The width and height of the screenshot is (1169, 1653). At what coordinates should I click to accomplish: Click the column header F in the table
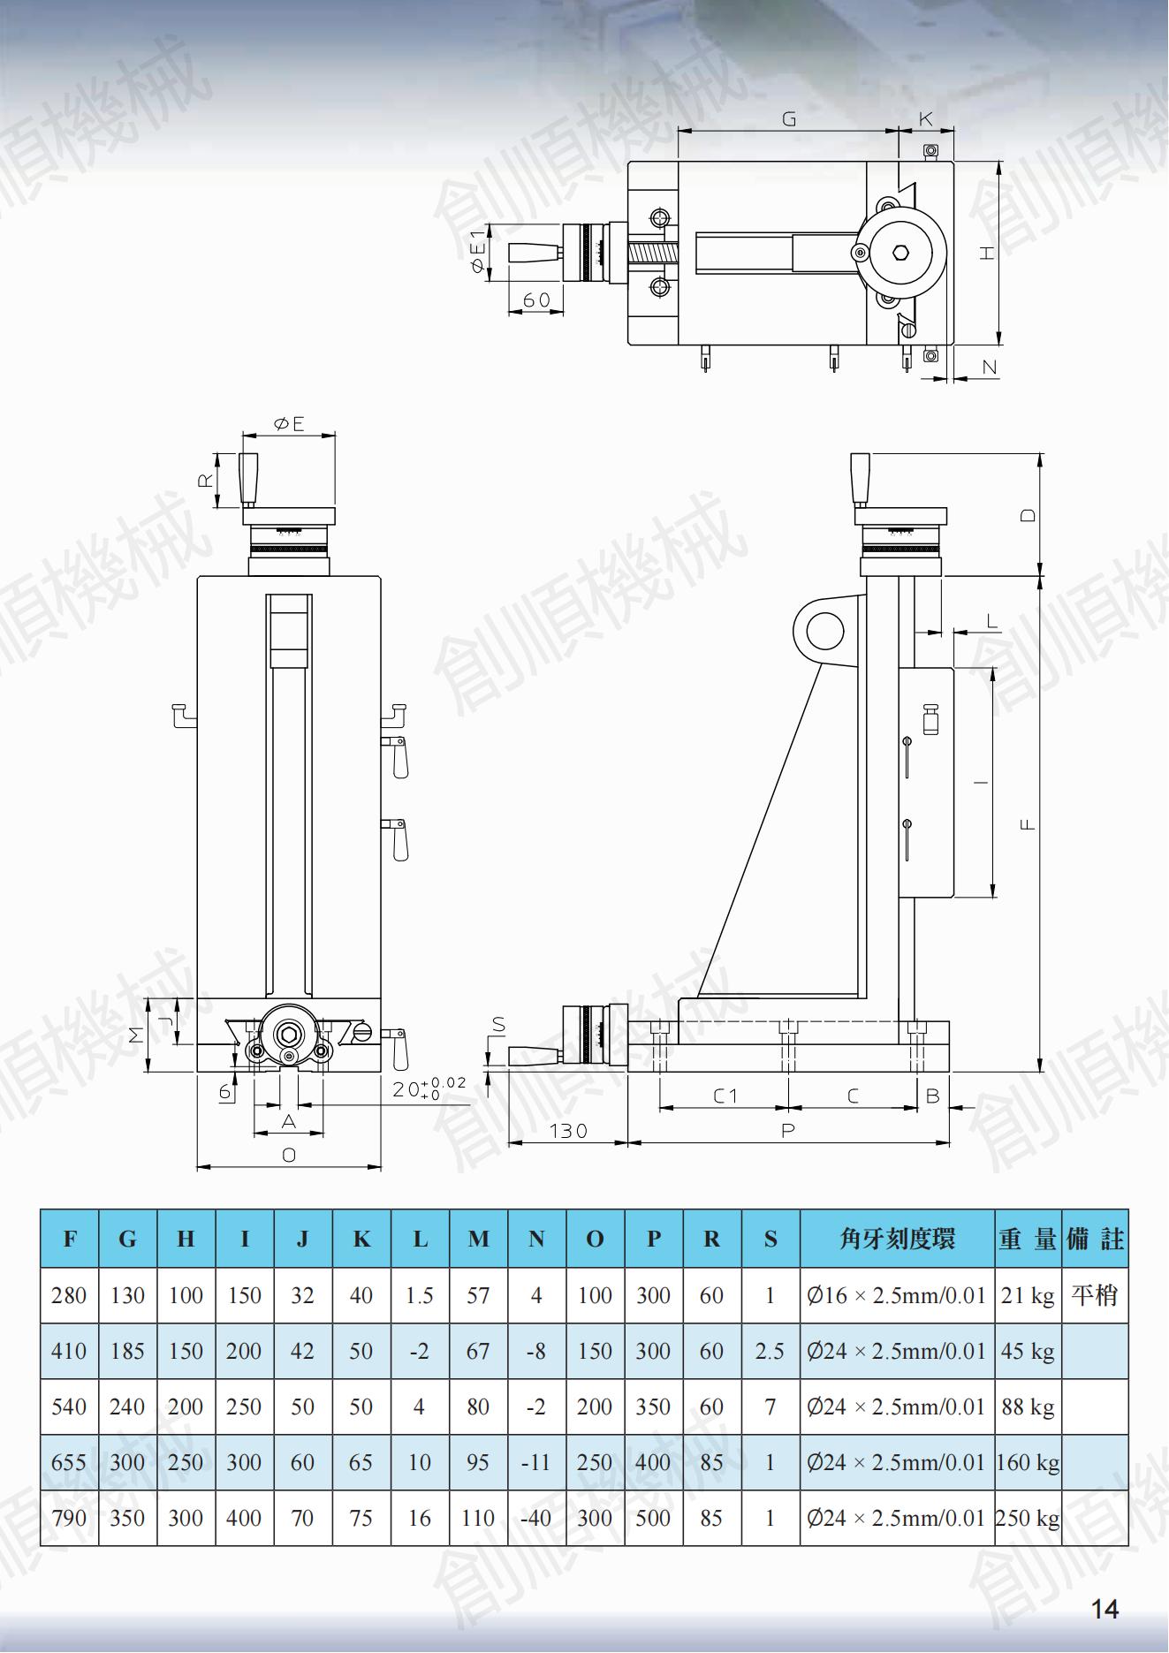70,1239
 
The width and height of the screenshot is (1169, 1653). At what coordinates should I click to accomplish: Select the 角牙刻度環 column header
897,1239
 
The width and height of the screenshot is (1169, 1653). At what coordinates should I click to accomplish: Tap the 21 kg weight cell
1028,1295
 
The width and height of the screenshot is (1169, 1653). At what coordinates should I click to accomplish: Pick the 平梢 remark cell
1095,1295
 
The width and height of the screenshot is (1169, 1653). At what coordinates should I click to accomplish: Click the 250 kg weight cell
1028,1518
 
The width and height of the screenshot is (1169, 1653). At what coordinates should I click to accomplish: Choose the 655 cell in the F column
69,1462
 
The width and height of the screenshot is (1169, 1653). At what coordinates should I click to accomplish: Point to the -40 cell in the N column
536,1518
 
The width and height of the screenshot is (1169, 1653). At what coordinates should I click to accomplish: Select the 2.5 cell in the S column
770,1351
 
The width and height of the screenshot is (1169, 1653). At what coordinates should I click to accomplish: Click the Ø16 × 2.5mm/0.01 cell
896,1295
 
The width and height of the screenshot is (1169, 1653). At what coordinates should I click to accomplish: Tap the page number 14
1104,1609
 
